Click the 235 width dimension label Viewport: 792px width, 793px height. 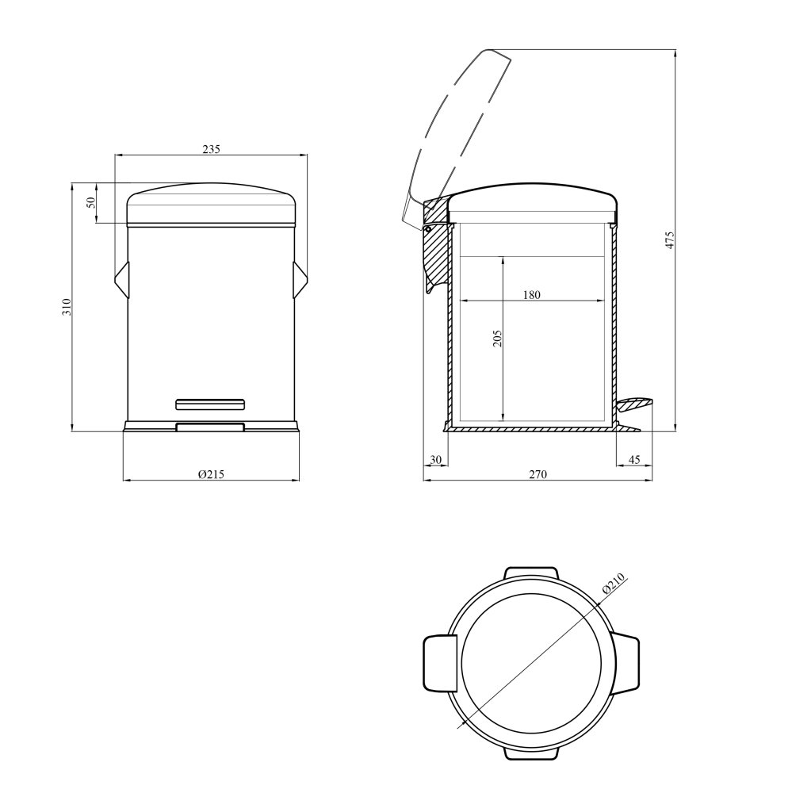212,149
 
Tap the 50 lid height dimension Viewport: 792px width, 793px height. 91,202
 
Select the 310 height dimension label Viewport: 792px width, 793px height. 67,307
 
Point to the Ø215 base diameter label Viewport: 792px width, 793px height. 211,474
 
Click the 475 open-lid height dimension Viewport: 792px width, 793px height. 670,240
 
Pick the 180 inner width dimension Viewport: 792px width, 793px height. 531,295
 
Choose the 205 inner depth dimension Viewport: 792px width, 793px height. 497,339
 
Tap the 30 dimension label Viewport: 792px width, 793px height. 435,460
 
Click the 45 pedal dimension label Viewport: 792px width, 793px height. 633,460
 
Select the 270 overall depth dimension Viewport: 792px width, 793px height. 538,474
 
